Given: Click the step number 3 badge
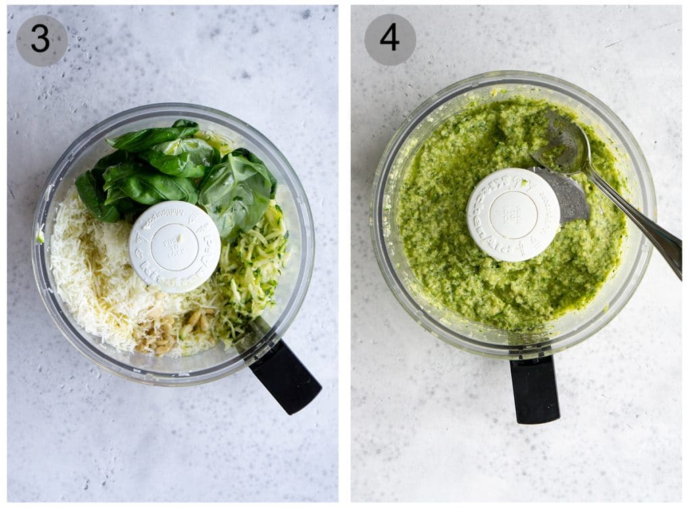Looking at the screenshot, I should tap(41, 40).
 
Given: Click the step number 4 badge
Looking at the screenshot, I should tap(390, 39).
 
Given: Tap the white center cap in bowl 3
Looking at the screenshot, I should tap(174, 247).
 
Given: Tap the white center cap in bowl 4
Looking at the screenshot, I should tap(513, 214).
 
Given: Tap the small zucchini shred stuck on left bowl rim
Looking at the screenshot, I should tap(40, 236).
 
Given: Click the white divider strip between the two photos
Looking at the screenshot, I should tap(345, 257).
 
